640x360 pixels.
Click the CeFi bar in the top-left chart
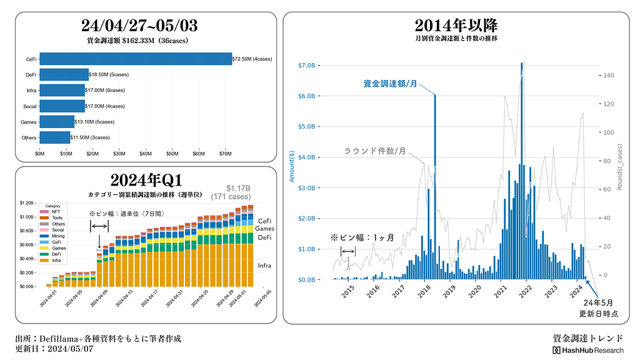pyautogui.click(x=135, y=59)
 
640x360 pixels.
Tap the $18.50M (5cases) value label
pyautogui.click(x=109, y=74)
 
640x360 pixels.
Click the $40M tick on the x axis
pyautogui.click(x=145, y=153)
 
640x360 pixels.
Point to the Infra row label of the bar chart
pyautogui.click(x=32, y=91)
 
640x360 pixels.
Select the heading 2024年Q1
pyautogui.click(x=146, y=180)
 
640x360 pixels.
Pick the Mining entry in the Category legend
pyautogui.click(x=57, y=236)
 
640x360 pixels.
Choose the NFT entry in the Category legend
pyautogui.click(x=56, y=212)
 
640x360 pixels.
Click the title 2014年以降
pyautogui.click(x=456, y=26)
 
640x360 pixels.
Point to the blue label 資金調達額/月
pyautogui.click(x=390, y=83)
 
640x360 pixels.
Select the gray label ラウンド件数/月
pyautogui.click(x=376, y=151)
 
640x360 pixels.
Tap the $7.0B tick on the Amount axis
pyautogui.click(x=311, y=65)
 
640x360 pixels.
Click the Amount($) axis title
pyautogui.click(x=292, y=166)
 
